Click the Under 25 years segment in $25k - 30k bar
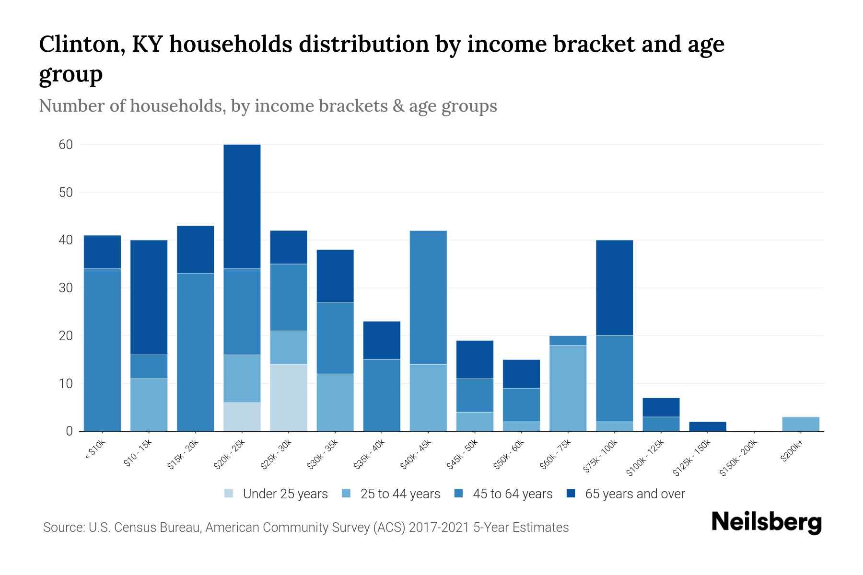click(x=289, y=398)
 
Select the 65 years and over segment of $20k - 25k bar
click(x=242, y=207)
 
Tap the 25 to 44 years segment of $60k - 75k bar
click(x=568, y=388)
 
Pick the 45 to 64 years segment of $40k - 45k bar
click(x=428, y=298)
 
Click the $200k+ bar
click(x=800, y=425)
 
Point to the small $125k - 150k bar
click(x=707, y=426)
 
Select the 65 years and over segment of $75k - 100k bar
click(x=614, y=288)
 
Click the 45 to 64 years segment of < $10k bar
click(x=103, y=350)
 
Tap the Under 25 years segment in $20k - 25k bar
click(x=242, y=417)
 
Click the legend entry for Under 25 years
click(x=285, y=494)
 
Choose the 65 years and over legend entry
click(x=634, y=494)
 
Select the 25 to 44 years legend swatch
click(x=347, y=494)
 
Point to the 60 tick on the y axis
click(x=66, y=145)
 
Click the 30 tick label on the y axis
click(x=66, y=288)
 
